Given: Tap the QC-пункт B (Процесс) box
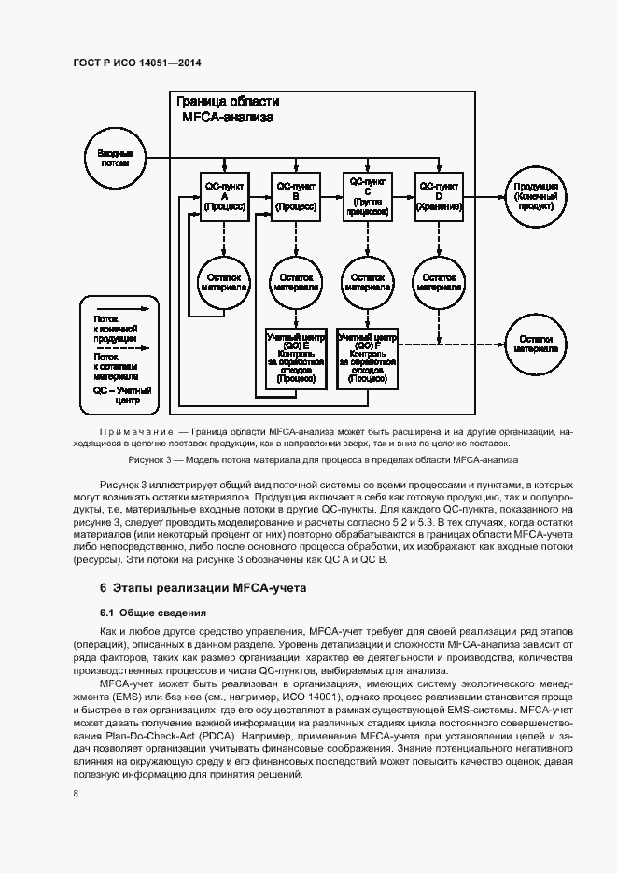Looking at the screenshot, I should tap(296, 197).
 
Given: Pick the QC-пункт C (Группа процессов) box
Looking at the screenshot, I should tap(368, 197).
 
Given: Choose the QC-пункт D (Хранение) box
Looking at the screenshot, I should tap(440, 197).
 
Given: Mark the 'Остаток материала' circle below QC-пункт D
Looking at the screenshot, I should tap(440, 282).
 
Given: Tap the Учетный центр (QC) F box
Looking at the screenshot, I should tap(368, 359).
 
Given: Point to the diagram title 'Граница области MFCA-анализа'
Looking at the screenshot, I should tap(229, 110).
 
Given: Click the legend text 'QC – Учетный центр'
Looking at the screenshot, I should tap(116, 396).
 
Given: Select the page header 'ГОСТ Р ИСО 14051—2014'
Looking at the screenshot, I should tap(137, 63).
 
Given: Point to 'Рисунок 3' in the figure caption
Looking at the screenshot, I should tap(150, 459).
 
